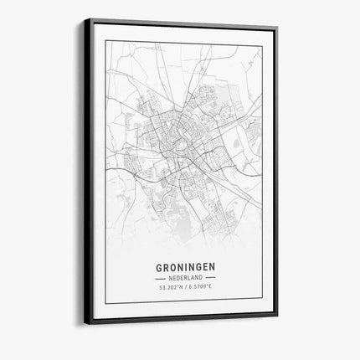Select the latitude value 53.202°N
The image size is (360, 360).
click(170, 289)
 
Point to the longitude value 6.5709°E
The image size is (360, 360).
click(201, 289)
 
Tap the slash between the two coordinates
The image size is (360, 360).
click(185, 289)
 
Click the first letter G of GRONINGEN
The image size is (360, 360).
click(159, 269)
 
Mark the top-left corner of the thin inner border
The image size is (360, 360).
click(106, 39)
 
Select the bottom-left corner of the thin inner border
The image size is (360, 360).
click(106, 303)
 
